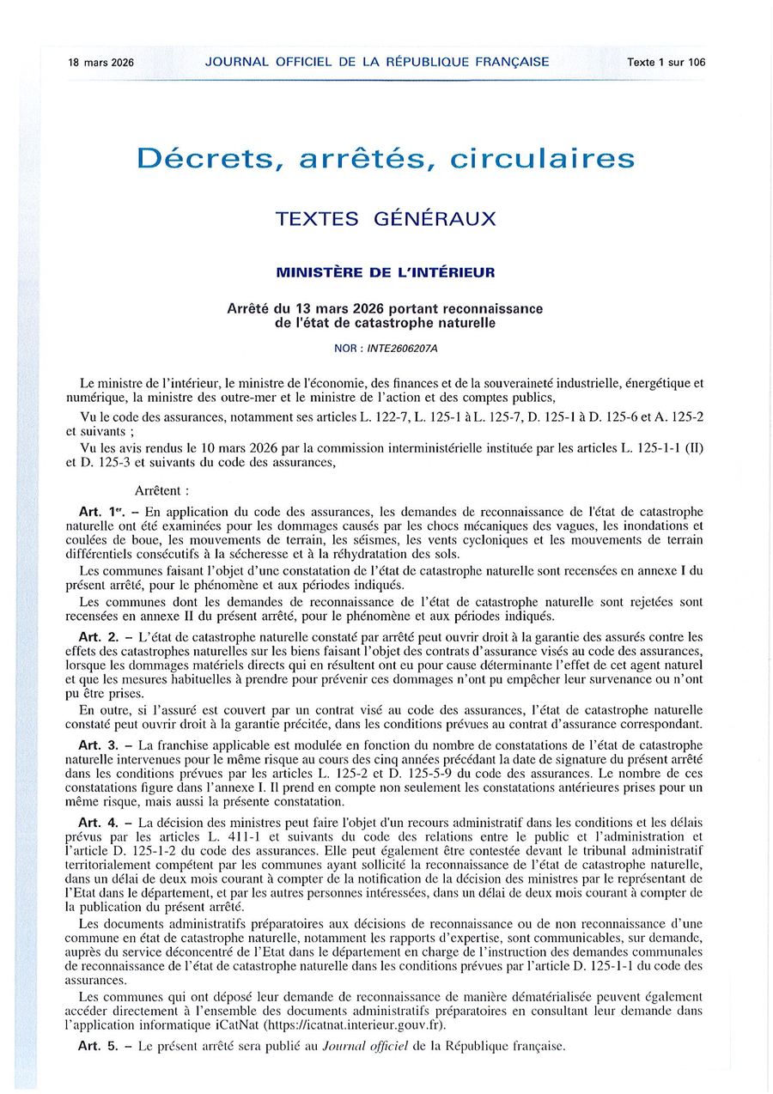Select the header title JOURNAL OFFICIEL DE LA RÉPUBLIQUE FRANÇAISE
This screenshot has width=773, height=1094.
pyautogui.click(x=377, y=62)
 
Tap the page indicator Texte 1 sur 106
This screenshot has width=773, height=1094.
pyautogui.click(x=666, y=62)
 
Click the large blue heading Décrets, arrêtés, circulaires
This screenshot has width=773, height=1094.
pyautogui.click(x=386, y=159)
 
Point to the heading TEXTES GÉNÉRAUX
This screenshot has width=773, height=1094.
pyautogui.click(x=386, y=219)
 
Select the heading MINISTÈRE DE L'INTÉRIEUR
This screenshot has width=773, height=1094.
pyautogui.click(x=386, y=273)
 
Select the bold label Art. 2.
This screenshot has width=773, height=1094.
pyautogui.click(x=95, y=636)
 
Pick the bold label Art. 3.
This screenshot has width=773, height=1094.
pyautogui.click(x=95, y=745)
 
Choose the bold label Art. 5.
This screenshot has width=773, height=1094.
pyautogui.click(x=95, y=1046)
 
